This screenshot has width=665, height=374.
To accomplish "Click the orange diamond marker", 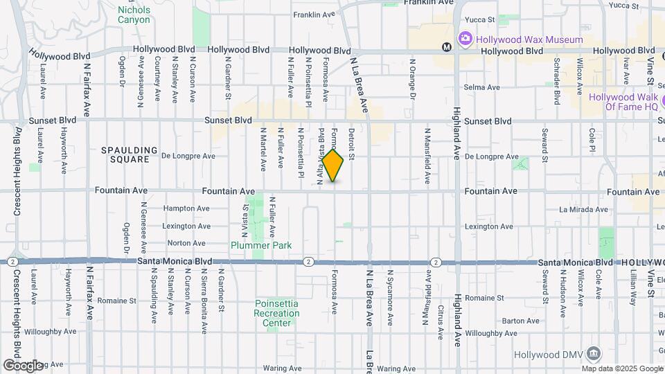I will tap(332, 166).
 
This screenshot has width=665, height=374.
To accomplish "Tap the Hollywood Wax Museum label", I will tap(529, 39).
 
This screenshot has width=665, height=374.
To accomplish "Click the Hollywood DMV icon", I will tap(594, 354).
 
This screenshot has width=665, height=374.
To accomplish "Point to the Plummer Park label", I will tap(261, 245).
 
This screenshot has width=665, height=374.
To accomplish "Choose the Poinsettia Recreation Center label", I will tap(277, 313).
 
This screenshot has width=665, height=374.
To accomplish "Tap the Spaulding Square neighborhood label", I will tap(125, 154).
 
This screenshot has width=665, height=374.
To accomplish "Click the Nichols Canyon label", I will tap(134, 15).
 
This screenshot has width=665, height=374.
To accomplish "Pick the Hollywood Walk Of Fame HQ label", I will tap(623, 102).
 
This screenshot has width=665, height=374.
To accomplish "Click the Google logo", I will tap(23, 366).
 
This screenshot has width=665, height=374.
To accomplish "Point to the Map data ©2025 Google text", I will tap(622, 368).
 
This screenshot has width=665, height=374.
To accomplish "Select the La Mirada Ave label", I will tap(583, 209).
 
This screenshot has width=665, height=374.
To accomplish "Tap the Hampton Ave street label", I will tap(186, 208).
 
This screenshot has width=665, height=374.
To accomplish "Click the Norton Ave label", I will tap(186, 243).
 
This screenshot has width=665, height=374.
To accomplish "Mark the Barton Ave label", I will tap(520, 321).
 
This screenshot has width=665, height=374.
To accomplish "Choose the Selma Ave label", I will tap(480, 87).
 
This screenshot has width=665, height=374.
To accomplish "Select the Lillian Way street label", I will tap(633, 289).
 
